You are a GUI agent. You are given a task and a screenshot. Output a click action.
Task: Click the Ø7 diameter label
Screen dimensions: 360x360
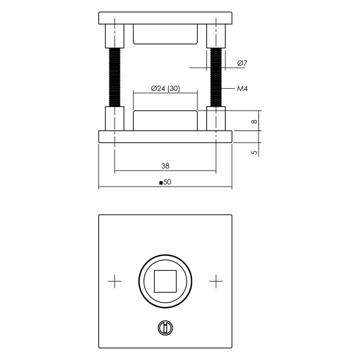point(242,63)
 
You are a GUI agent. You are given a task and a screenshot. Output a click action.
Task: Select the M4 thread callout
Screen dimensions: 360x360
point(242,89)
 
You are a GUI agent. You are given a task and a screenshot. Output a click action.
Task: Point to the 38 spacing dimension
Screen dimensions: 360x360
point(165,166)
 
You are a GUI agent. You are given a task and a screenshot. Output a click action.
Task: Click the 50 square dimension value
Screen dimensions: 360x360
point(167,183)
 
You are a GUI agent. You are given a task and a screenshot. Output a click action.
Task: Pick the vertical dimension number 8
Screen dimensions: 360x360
point(255,122)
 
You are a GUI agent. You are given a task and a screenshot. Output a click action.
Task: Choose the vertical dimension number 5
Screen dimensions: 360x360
point(255,152)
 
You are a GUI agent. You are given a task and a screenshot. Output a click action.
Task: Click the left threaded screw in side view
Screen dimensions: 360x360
point(114,77)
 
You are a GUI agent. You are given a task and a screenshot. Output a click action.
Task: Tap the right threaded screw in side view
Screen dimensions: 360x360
point(216,77)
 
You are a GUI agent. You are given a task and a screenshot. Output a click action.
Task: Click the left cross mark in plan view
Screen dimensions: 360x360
point(115,281)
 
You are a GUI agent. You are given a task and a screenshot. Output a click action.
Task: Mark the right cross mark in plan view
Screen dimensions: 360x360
point(216,281)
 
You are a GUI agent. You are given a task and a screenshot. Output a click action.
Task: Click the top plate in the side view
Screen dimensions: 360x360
point(165,18)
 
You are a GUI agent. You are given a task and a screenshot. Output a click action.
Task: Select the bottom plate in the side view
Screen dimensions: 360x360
point(165,136)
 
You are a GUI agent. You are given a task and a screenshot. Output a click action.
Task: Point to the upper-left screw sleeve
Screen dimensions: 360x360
point(114,36)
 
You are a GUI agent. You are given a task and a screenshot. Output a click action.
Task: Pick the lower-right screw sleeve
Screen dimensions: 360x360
point(216,118)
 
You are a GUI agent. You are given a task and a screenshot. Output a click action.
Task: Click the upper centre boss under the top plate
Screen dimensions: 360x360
point(165,34)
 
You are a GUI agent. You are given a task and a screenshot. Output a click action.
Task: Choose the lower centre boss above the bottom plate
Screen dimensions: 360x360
point(165,121)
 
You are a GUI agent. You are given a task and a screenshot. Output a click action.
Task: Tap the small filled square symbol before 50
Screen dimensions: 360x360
point(161,183)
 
